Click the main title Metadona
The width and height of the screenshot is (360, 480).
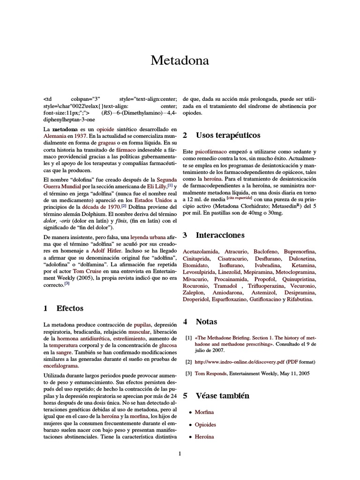pos(180,60)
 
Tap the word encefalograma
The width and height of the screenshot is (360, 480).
pos(61,366)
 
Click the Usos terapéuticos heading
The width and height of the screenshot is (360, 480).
pos(228,135)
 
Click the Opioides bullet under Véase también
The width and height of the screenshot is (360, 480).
pos(205,424)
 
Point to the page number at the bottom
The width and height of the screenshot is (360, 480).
pos(179,453)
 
